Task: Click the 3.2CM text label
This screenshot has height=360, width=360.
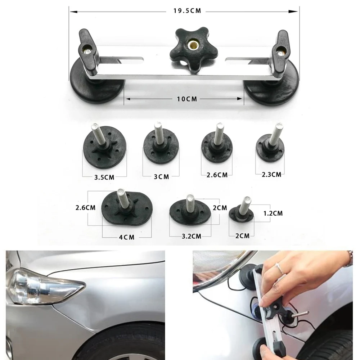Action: (x=189, y=236)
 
